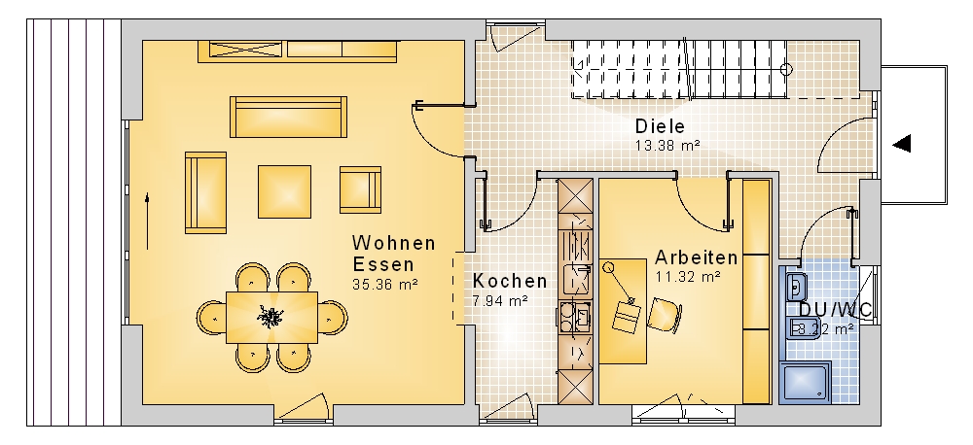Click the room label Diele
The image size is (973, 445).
pyautogui.click(x=660, y=126)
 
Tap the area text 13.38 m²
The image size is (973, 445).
pyautogui.click(x=667, y=145)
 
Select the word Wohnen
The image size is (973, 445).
pyautogui.click(x=394, y=242)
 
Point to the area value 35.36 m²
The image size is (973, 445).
pyautogui.click(x=384, y=285)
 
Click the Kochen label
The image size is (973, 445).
pyautogui.click(x=510, y=281)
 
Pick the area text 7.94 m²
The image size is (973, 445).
pyautogui.click(x=500, y=301)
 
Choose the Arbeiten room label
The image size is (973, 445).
pyautogui.click(x=697, y=257)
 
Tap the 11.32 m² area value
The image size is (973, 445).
pyautogui.click(x=688, y=276)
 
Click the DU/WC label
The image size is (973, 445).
pyautogui.click(x=835, y=309)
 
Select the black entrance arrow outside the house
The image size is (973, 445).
pyautogui.click(x=902, y=144)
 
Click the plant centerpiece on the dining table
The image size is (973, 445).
pyautogui.click(x=270, y=317)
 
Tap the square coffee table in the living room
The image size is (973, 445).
pyautogui.click(x=285, y=191)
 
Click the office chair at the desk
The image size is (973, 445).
pyautogui.click(x=665, y=314)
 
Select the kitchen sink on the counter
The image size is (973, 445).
pyautogui.click(x=576, y=279)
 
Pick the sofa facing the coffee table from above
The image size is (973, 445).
pyautogui.click(x=289, y=117)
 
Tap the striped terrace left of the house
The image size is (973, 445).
pyautogui.click(x=74, y=222)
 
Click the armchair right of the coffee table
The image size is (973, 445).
pyautogui.click(x=361, y=189)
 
